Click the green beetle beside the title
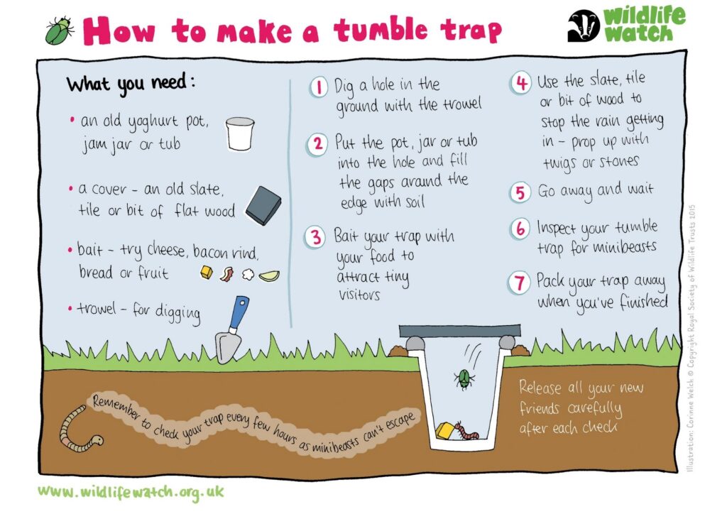(x=59, y=31)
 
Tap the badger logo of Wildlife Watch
(x=584, y=26)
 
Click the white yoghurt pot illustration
(x=240, y=133)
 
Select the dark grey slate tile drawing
(x=263, y=205)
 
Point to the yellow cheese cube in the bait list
(x=207, y=273)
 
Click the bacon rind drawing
(x=226, y=274)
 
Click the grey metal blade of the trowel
(x=228, y=346)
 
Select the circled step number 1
(x=318, y=87)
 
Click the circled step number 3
(x=315, y=237)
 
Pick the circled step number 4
(x=521, y=84)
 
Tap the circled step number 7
(x=519, y=283)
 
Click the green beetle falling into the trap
(x=464, y=378)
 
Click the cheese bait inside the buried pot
(x=445, y=430)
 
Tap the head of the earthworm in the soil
(x=97, y=439)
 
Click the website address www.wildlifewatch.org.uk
(x=131, y=492)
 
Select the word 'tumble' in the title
(x=381, y=30)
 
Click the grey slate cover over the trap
(x=459, y=330)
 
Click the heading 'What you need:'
(x=131, y=84)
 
